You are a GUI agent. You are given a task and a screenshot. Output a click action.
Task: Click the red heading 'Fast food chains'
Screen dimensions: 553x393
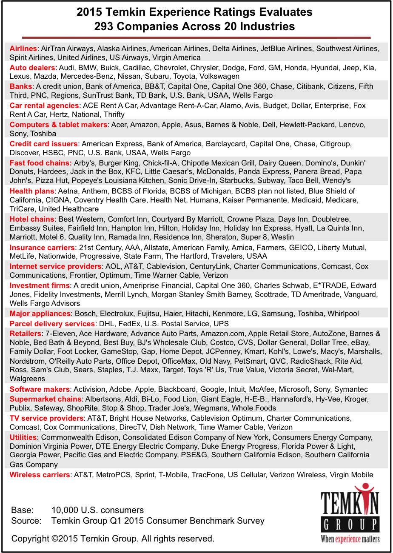[40, 163]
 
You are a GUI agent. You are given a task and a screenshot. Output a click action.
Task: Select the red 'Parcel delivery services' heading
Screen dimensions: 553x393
[52, 324]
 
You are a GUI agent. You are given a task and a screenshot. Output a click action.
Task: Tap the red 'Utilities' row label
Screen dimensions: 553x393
[23, 437]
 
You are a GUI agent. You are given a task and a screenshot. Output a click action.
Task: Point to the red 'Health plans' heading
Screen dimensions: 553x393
[32, 191]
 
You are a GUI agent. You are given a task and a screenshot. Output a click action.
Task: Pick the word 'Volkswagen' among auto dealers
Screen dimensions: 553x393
[220, 77]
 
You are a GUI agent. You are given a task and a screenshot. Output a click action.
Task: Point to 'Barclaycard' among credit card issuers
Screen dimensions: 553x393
[225, 144]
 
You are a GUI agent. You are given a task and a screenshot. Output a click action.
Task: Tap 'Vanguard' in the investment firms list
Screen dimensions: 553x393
[360, 294]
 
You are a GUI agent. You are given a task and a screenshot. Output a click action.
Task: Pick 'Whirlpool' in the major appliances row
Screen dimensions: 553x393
[343, 314]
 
